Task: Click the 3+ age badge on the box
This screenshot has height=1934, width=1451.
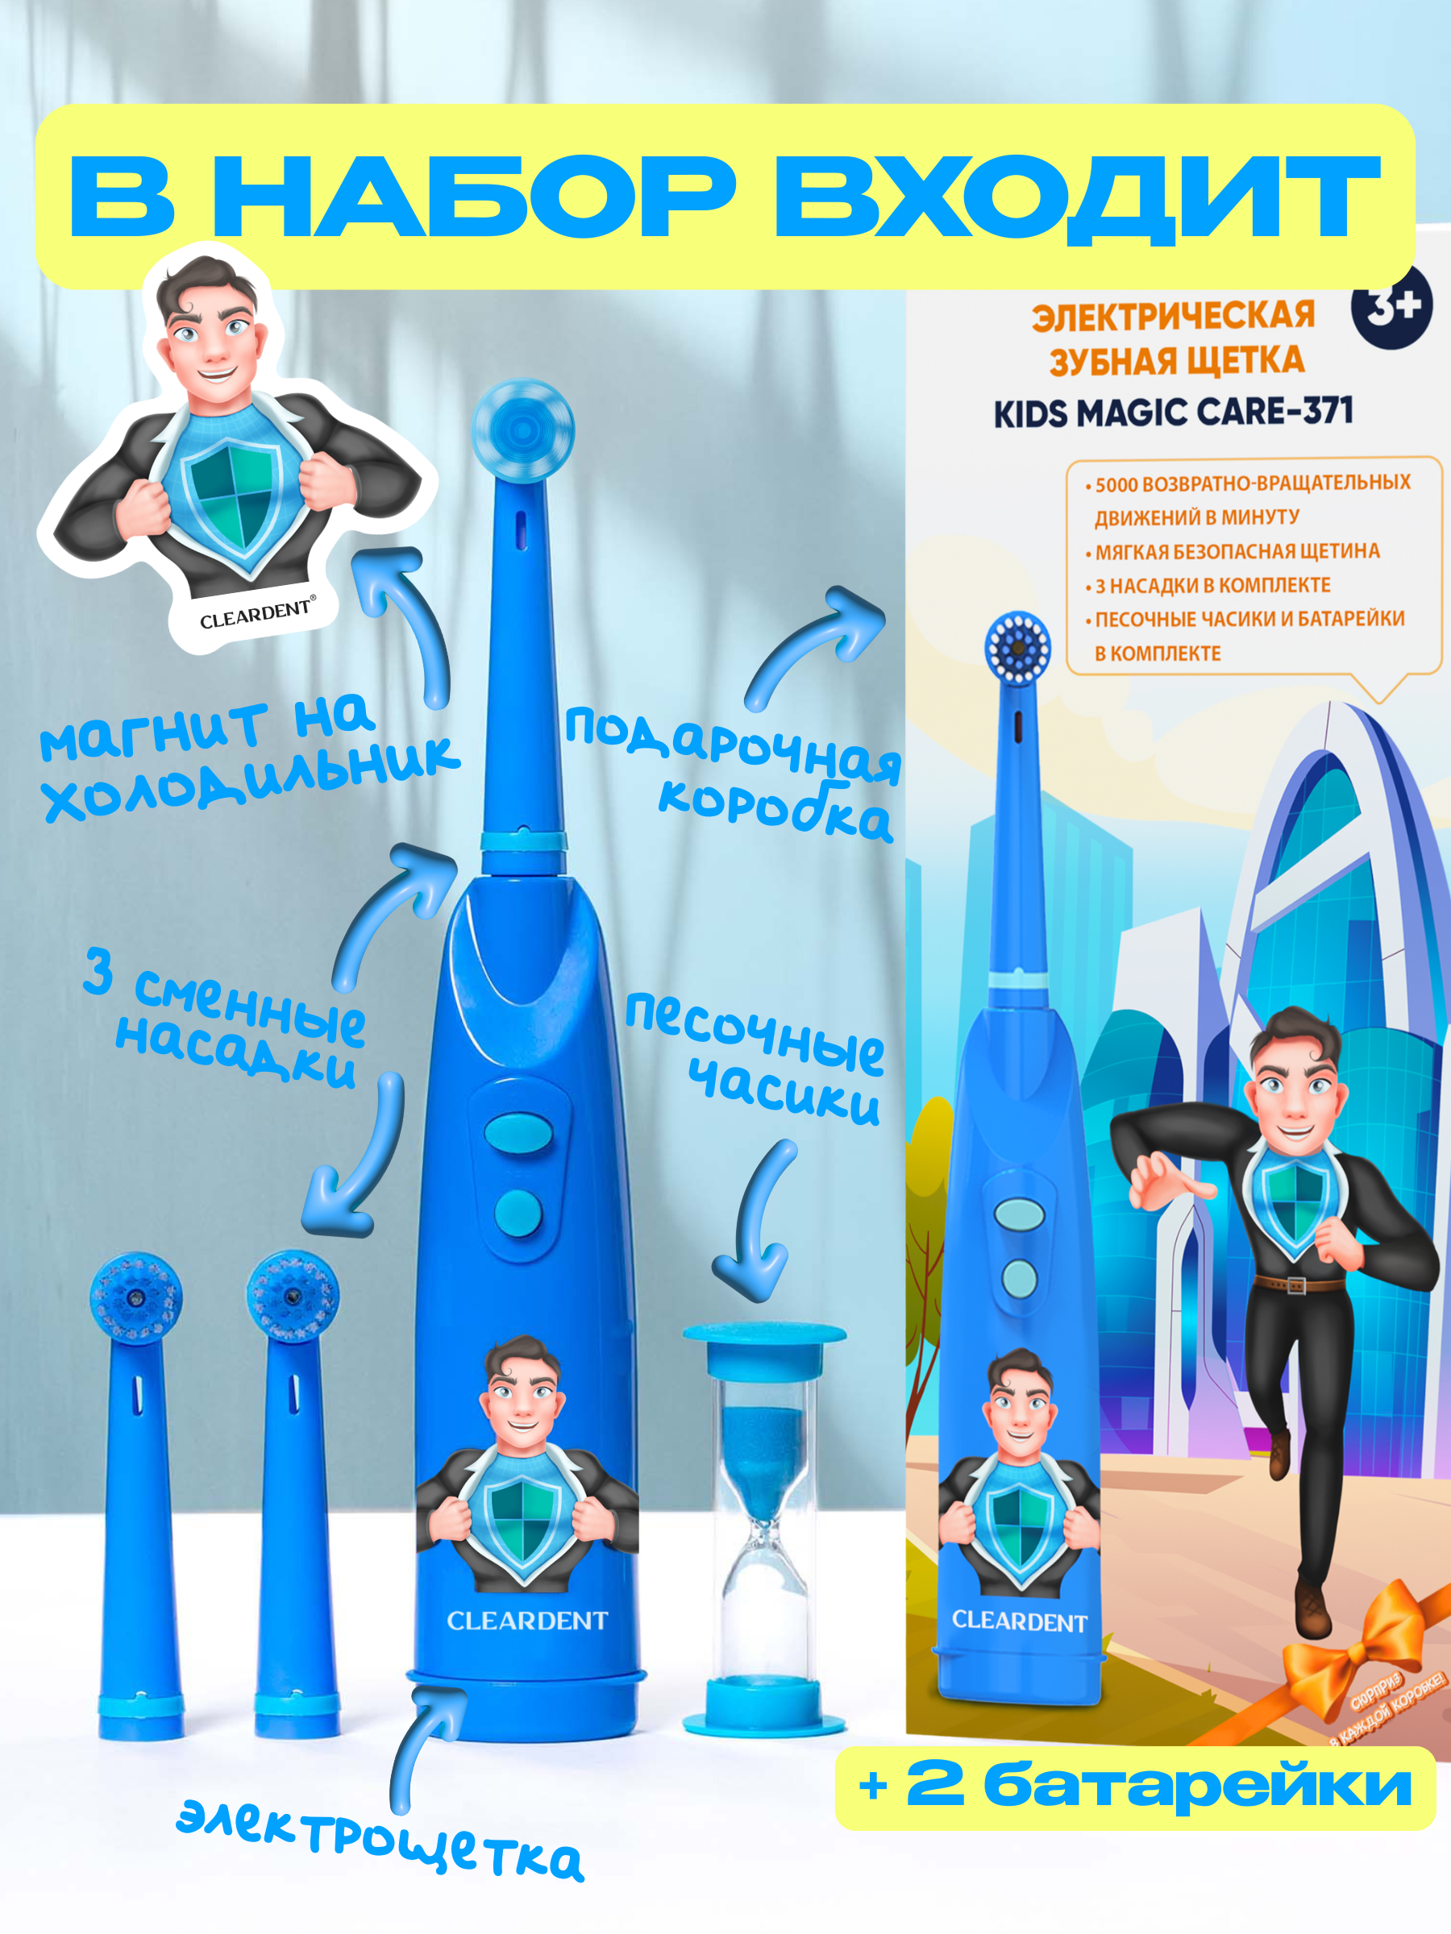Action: click(x=1391, y=306)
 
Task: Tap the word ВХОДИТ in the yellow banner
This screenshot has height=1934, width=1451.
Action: click(x=1076, y=197)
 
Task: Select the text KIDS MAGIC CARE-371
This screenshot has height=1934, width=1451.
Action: click(x=1173, y=412)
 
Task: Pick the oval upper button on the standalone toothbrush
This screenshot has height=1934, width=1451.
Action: click(x=518, y=1132)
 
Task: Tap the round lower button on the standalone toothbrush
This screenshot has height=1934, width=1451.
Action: click(x=518, y=1214)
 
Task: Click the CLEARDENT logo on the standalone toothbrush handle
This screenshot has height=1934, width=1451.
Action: click(x=526, y=1620)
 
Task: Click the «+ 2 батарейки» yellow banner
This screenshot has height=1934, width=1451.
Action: click(x=1135, y=1787)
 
